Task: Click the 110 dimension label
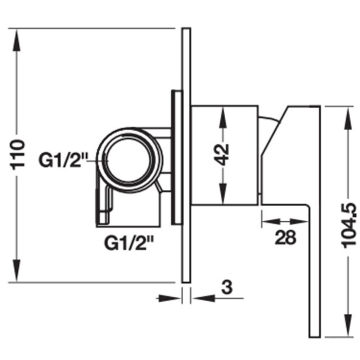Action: pyautogui.click(x=18, y=154)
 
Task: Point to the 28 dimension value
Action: pyautogui.click(x=285, y=237)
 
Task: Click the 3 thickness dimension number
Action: pyautogui.click(x=227, y=287)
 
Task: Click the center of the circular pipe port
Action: pyautogui.click(x=130, y=160)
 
